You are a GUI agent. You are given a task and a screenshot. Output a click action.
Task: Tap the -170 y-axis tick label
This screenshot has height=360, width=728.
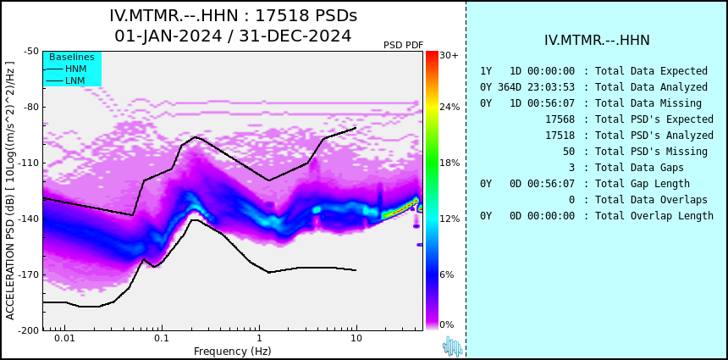click(x=29, y=274)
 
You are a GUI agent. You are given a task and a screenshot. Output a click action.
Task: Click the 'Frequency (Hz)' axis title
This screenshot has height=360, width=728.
click(x=232, y=351)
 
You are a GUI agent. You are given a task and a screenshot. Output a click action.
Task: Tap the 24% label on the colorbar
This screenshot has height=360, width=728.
click(x=449, y=107)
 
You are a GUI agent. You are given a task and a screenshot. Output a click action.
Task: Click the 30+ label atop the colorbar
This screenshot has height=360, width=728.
click(x=449, y=55)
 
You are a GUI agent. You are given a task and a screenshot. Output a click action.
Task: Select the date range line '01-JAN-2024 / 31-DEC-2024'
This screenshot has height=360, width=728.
click(x=233, y=36)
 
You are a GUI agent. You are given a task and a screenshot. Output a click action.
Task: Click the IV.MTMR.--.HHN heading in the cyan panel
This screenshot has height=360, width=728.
click(x=597, y=41)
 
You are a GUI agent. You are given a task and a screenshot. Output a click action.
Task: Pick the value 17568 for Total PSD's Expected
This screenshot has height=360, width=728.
click(x=560, y=119)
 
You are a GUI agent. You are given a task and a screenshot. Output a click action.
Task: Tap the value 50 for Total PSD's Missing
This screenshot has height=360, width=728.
click(x=569, y=152)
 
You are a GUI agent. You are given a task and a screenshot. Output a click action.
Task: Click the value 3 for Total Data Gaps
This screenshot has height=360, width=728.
click(x=571, y=168)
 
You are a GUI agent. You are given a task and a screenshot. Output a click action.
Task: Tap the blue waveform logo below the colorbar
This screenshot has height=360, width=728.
click(x=452, y=347)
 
